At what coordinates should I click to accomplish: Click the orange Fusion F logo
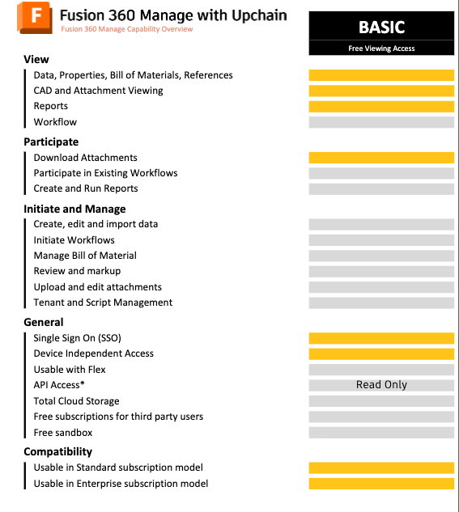[x=36, y=18]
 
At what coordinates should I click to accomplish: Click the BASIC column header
[x=381, y=27]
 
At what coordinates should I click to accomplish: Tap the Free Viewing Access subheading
[x=381, y=49]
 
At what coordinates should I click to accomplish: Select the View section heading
[x=36, y=59]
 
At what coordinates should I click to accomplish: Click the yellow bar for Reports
[x=381, y=107]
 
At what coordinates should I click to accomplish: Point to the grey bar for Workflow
[x=381, y=122]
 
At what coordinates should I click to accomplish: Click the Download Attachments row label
[x=85, y=158]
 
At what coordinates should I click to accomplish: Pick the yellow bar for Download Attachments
[x=381, y=158]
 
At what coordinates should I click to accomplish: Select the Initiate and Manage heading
[x=74, y=209]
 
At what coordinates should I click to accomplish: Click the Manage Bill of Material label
[x=85, y=256]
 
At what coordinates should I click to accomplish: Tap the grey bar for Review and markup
[x=381, y=271]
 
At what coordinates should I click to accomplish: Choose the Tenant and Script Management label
[x=103, y=303]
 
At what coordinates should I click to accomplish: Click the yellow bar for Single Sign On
[x=381, y=338]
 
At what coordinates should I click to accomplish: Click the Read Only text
[x=381, y=385]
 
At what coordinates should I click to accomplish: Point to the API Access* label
[x=59, y=385]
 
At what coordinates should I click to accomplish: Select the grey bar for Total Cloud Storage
[x=381, y=401]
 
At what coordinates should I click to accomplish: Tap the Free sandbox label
[x=63, y=433]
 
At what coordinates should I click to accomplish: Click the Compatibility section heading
[x=57, y=451]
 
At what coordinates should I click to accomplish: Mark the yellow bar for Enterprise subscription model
[x=381, y=484]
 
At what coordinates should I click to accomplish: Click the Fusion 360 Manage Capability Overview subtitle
[x=127, y=29]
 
